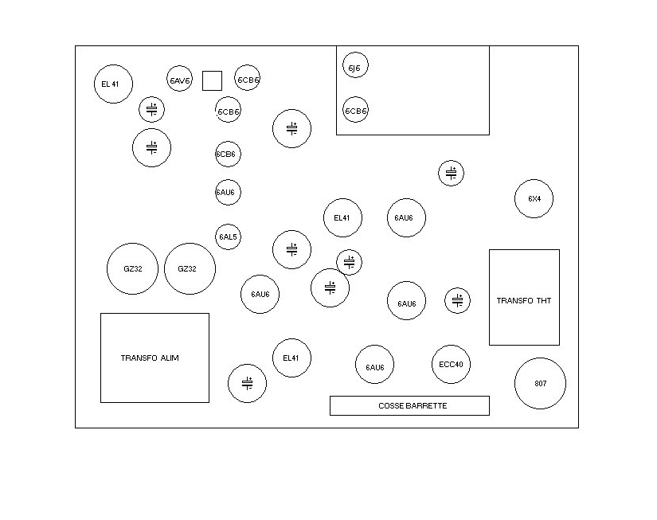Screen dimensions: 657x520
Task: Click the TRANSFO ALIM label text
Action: pos(150,358)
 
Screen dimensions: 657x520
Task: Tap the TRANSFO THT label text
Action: pos(524,300)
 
